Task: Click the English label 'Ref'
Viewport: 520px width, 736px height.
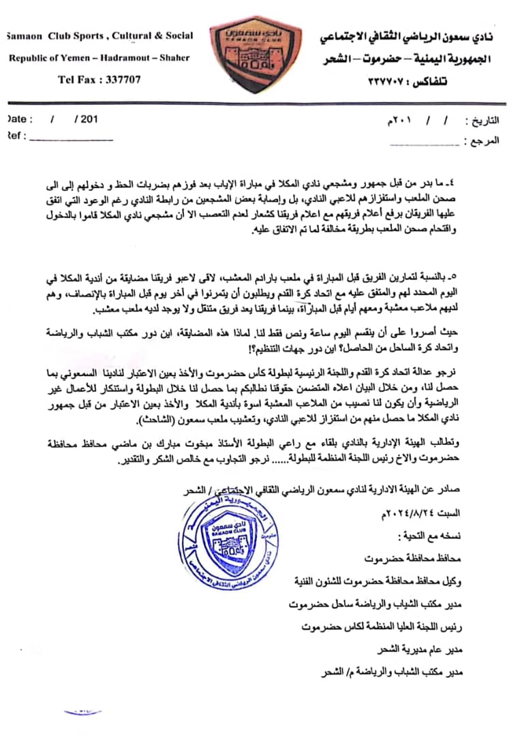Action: click(14, 136)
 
